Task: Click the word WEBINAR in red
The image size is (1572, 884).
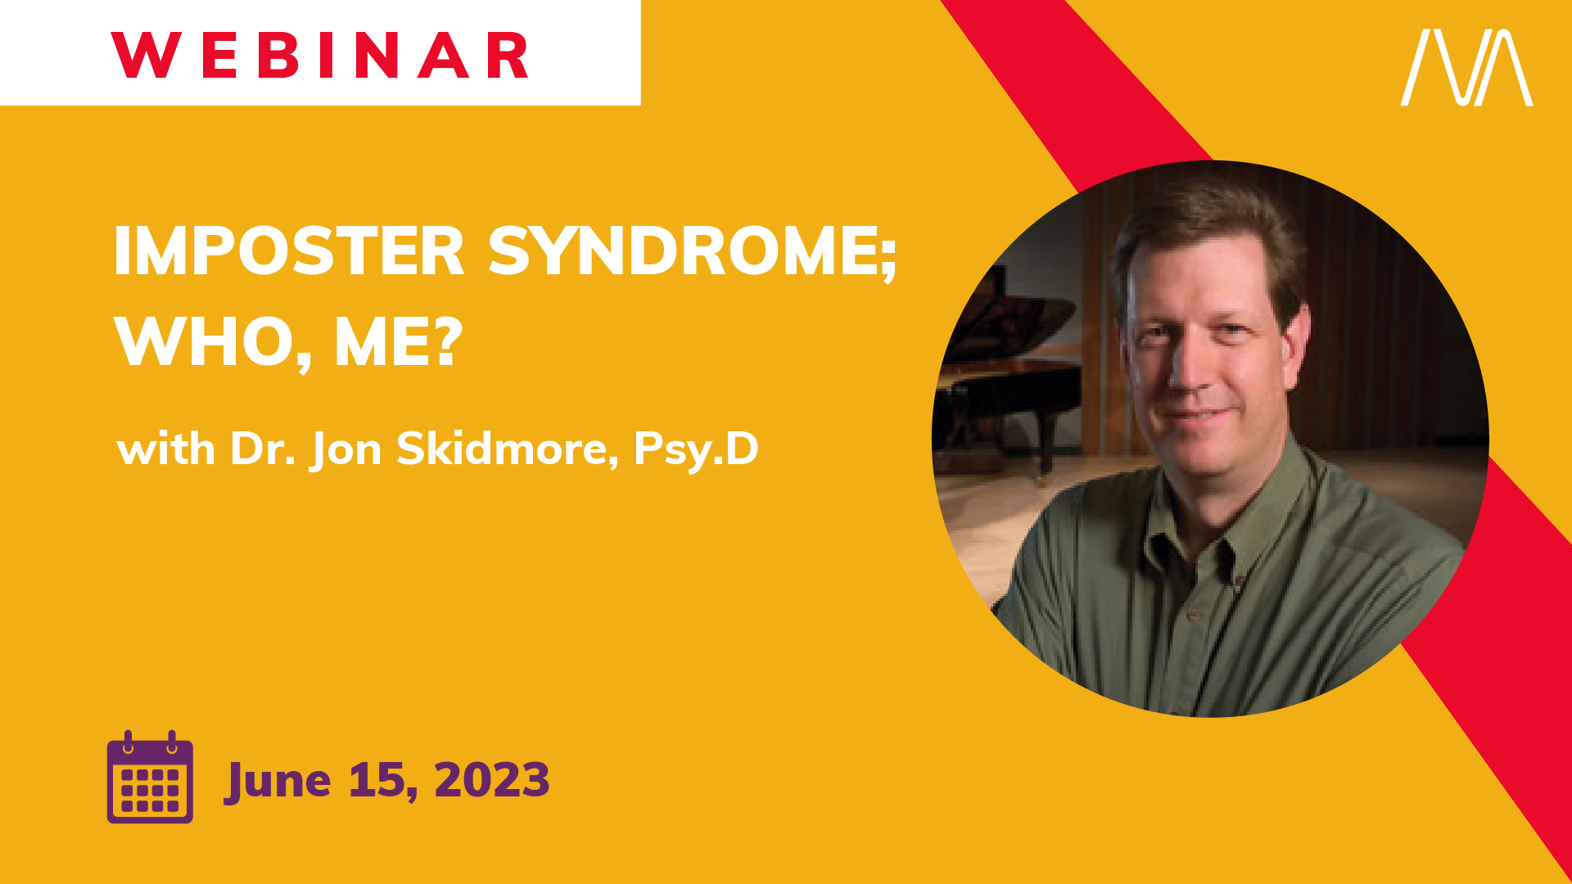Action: point(320,56)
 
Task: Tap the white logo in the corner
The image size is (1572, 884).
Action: point(1466,67)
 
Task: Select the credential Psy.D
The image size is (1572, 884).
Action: point(696,449)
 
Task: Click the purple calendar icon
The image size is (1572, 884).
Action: point(150,777)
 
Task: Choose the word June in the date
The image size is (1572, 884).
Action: point(278,780)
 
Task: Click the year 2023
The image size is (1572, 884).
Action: point(492,779)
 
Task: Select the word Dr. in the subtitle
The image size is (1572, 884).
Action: point(263,449)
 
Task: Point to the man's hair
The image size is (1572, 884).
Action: point(1204,221)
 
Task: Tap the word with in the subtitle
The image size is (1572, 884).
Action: point(166,449)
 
